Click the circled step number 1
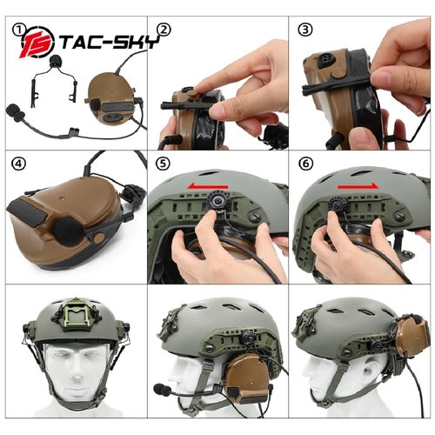(19, 30)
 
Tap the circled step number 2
(164, 30)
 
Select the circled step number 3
(305, 30)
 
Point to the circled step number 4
(18, 164)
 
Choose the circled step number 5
(163, 164)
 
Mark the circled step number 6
(305, 164)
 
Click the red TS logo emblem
(37, 43)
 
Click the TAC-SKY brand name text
(110, 43)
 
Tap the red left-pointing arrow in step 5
(207, 185)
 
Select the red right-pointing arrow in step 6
(358, 186)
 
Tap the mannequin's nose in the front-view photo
(76, 372)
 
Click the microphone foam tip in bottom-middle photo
(161, 389)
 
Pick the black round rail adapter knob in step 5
(216, 200)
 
